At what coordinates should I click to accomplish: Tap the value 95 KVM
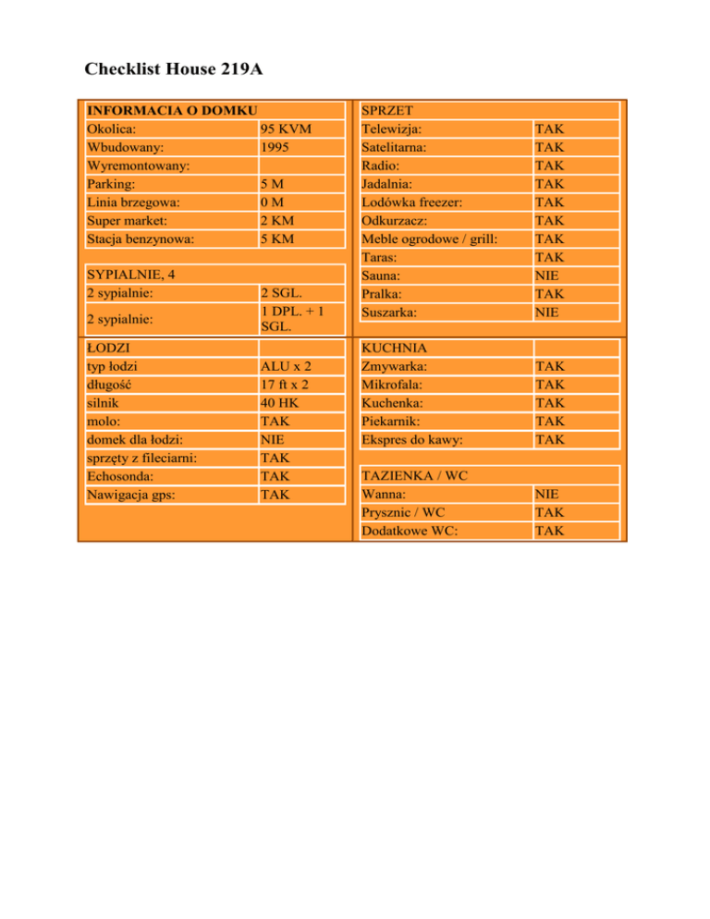287,129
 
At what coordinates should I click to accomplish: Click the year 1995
277,148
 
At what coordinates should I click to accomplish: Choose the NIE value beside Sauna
547,276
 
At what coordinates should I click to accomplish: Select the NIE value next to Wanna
547,494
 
